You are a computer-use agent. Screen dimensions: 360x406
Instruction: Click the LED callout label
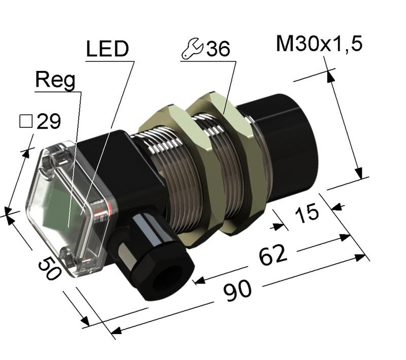(x=107, y=50)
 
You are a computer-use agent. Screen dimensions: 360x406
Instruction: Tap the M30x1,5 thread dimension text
(x=319, y=45)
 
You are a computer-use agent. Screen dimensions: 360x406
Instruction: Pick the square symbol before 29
(x=25, y=121)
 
